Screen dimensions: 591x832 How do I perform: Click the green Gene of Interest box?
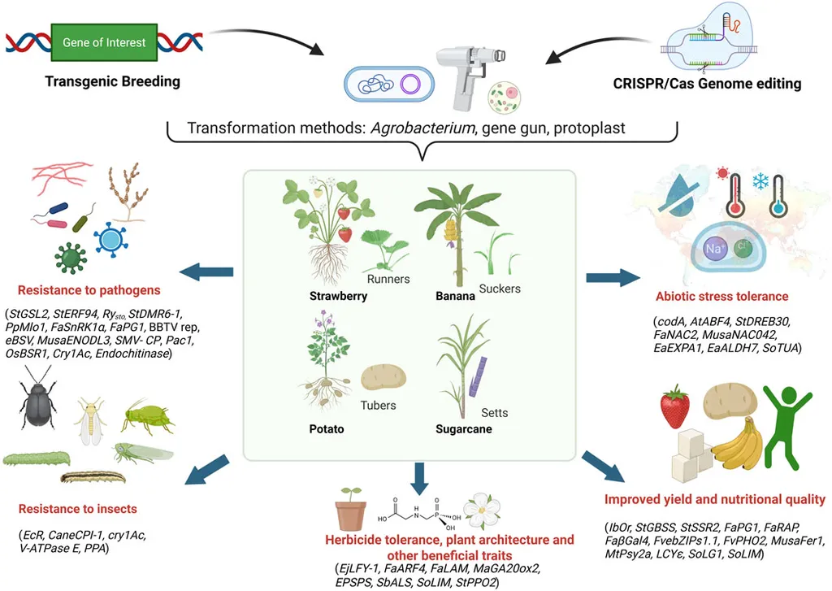[x=104, y=41]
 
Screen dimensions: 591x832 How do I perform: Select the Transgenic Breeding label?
[x=112, y=82]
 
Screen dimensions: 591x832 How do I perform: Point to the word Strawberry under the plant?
[x=338, y=296]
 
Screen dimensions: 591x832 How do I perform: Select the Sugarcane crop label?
[x=464, y=428]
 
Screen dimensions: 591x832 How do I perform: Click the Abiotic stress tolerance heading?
[x=723, y=296]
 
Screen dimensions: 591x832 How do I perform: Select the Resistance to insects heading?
[x=77, y=510]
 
